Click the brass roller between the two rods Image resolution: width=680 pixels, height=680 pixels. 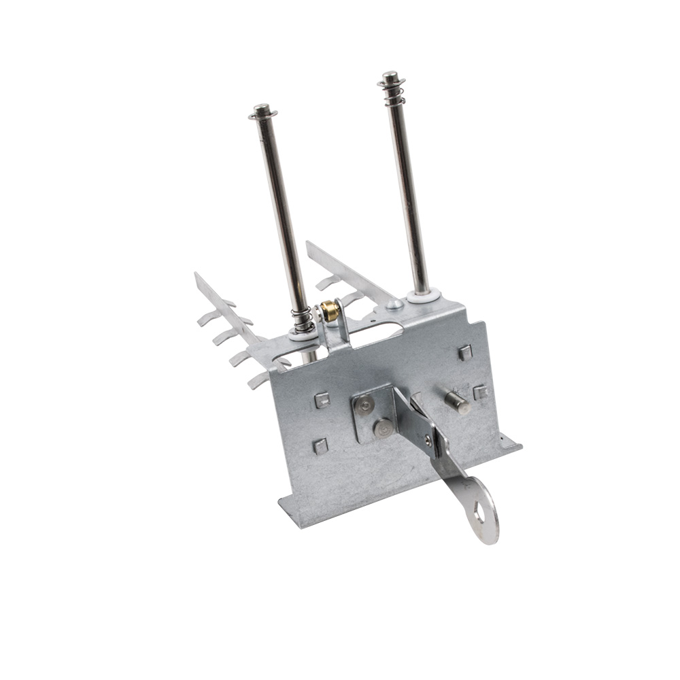(x=330, y=311)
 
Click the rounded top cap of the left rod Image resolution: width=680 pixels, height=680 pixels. (x=261, y=109)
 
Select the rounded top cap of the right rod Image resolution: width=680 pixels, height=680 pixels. (x=390, y=75)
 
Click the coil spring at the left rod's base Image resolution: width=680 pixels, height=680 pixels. (x=301, y=319)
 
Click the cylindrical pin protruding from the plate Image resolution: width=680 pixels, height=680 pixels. (x=457, y=402)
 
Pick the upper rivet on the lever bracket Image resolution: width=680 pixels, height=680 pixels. (x=366, y=405)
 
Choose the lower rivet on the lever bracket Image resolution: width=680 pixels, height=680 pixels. (x=383, y=428)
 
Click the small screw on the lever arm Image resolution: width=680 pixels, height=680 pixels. (x=427, y=440)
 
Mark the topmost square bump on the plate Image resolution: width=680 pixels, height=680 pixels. (x=464, y=352)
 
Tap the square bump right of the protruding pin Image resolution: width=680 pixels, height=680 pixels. (x=479, y=392)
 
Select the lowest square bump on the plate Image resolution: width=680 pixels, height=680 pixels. (x=319, y=445)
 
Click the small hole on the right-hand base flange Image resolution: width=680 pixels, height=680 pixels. (x=502, y=441)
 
